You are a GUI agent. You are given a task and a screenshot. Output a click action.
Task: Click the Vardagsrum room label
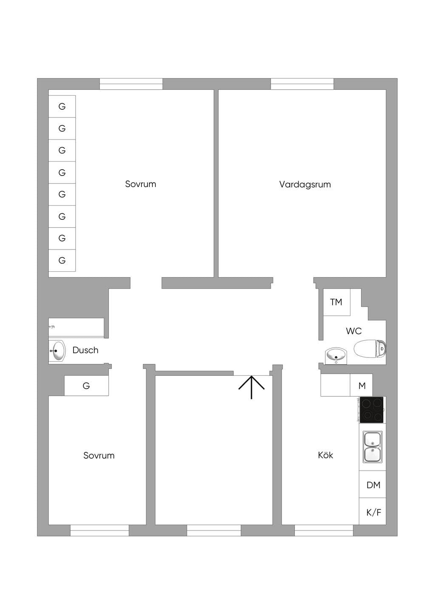(x=305, y=184)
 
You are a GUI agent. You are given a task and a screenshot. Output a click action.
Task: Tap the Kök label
(x=325, y=455)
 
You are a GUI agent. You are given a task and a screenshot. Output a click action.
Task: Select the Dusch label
(x=85, y=350)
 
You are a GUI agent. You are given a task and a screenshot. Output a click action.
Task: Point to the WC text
(x=354, y=331)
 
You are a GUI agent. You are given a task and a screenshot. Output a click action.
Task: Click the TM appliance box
(x=336, y=302)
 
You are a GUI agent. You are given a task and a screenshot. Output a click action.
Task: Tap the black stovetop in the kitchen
(x=372, y=409)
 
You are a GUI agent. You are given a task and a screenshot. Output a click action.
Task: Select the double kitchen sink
(x=373, y=447)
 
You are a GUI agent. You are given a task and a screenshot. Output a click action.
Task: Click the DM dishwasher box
(x=373, y=485)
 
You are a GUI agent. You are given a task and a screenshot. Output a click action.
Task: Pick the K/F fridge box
(x=373, y=512)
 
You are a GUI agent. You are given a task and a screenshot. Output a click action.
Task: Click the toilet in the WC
(x=370, y=349)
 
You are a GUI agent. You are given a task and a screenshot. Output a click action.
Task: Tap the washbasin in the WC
(x=336, y=355)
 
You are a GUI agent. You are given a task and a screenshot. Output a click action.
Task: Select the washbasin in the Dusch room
(x=57, y=351)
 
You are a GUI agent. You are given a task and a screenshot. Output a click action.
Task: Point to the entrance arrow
(x=251, y=387)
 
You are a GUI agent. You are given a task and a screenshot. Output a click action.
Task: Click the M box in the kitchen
(x=362, y=386)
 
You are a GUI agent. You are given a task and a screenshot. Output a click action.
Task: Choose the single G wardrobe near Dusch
(x=86, y=386)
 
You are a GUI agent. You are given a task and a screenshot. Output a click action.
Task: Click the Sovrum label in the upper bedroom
(x=141, y=184)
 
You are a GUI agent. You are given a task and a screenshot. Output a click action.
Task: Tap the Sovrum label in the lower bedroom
(x=99, y=455)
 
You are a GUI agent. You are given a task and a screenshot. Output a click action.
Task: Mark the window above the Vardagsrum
(x=302, y=84)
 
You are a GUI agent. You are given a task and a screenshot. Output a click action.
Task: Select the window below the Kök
(x=324, y=530)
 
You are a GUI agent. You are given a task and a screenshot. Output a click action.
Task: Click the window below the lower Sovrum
(x=99, y=530)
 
